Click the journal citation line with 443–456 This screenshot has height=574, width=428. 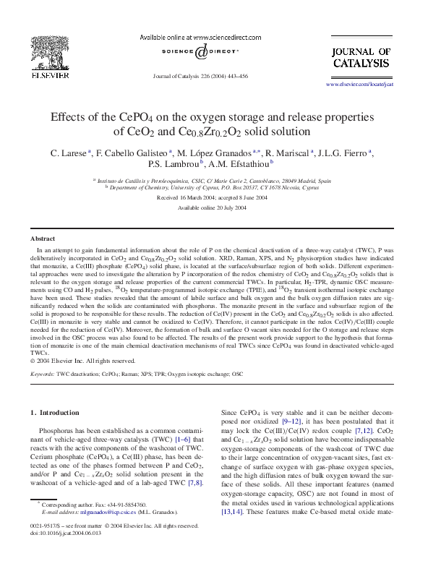(200, 76)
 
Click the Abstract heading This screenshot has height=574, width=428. (43, 238)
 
